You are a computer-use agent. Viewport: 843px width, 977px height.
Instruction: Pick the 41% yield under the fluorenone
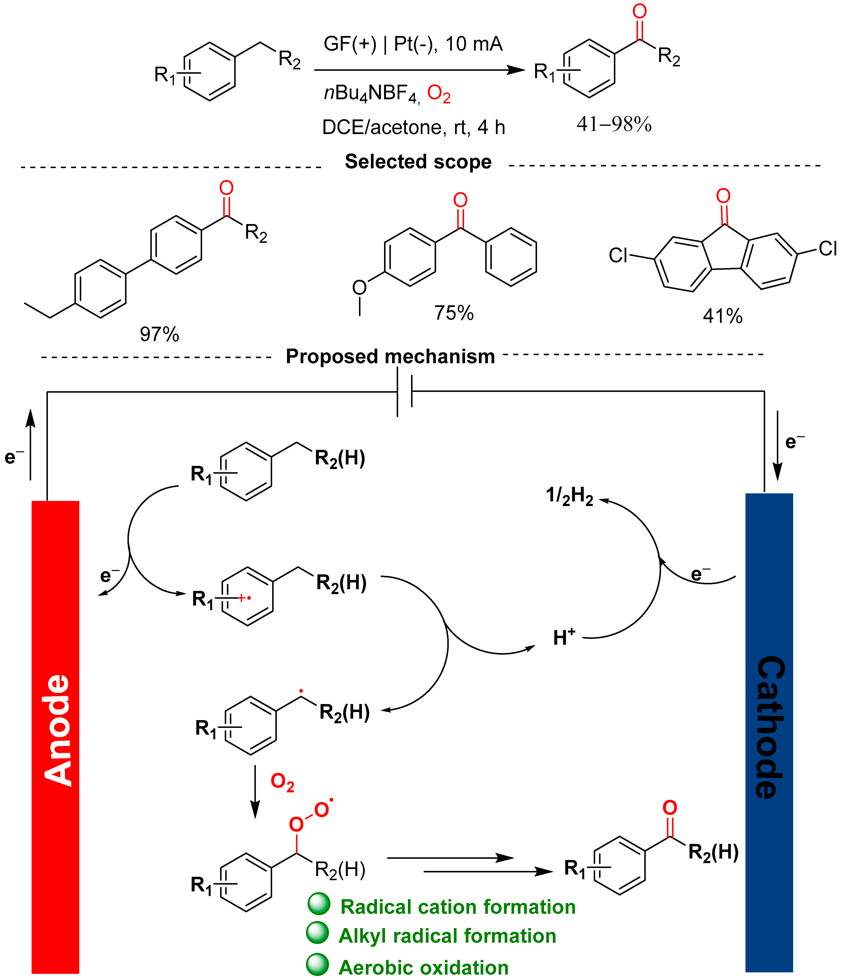(x=722, y=316)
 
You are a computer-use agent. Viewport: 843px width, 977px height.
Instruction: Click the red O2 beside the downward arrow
(x=282, y=782)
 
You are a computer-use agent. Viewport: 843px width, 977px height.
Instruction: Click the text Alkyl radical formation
(x=447, y=936)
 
